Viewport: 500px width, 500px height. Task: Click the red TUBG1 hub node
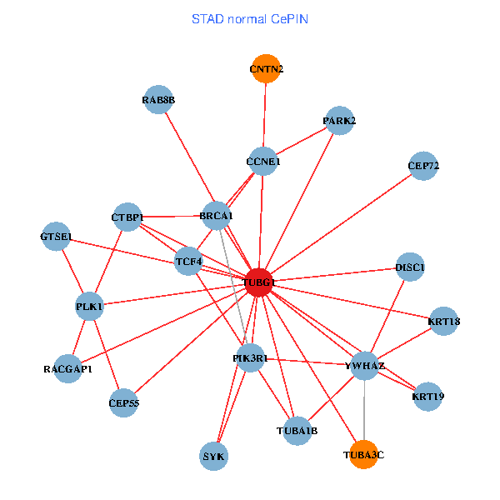pyautogui.click(x=259, y=282)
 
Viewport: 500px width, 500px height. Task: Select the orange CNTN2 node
pyautogui.click(x=265, y=68)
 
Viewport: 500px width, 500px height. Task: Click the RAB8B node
pyautogui.click(x=158, y=100)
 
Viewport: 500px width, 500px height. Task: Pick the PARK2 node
pyautogui.click(x=339, y=121)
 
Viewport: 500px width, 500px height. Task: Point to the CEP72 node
pyautogui.click(x=423, y=166)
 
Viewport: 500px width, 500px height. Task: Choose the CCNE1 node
pyautogui.click(x=263, y=161)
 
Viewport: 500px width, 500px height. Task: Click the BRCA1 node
pyautogui.click(x=217, y=216)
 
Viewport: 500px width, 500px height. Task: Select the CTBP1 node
pyautogui.click(x=127, y=217)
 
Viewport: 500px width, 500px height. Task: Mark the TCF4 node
pyautogui.click(x=189, y=262)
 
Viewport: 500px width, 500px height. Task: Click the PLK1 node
pyautogui.click(x=89, y=306)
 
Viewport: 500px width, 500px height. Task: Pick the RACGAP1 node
pyautogui.click(x=68, y=368)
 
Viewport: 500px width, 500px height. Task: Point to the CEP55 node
pyautogui.click(x=124, y=402)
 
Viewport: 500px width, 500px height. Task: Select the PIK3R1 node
pyautogui.click(x=250, y=357)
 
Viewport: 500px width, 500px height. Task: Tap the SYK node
pyautogui.click(x=214, y=456)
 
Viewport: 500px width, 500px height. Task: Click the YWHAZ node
pyautogui.click(x=365, y=365)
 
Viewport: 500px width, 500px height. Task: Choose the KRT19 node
pyautogui.click(x=427, y=396)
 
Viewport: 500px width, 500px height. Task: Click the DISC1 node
pyautogui.click(x=410, y=267)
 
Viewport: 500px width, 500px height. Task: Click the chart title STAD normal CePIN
pyautogui.click(x=250, y=18)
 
